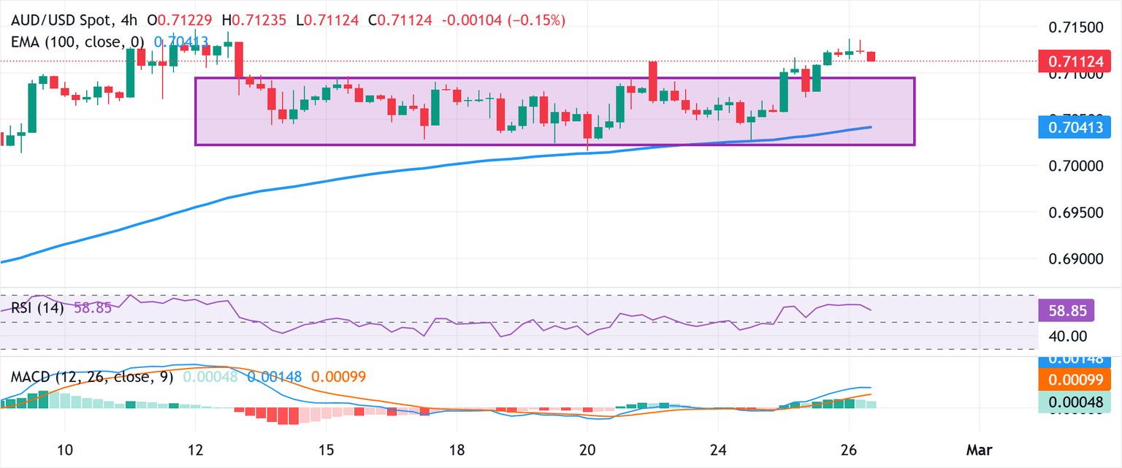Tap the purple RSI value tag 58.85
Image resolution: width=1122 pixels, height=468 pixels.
point(1066,310)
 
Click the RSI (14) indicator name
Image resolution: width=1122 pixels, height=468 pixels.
point(37,308)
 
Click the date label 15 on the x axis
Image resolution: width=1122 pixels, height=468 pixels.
point(327,448)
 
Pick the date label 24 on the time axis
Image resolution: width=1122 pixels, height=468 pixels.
point(718,448)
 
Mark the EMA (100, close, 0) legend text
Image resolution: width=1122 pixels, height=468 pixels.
point(76,42)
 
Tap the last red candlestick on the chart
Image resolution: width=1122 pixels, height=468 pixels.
point(871,56)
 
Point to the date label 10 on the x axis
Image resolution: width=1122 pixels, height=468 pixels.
point(65,448)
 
